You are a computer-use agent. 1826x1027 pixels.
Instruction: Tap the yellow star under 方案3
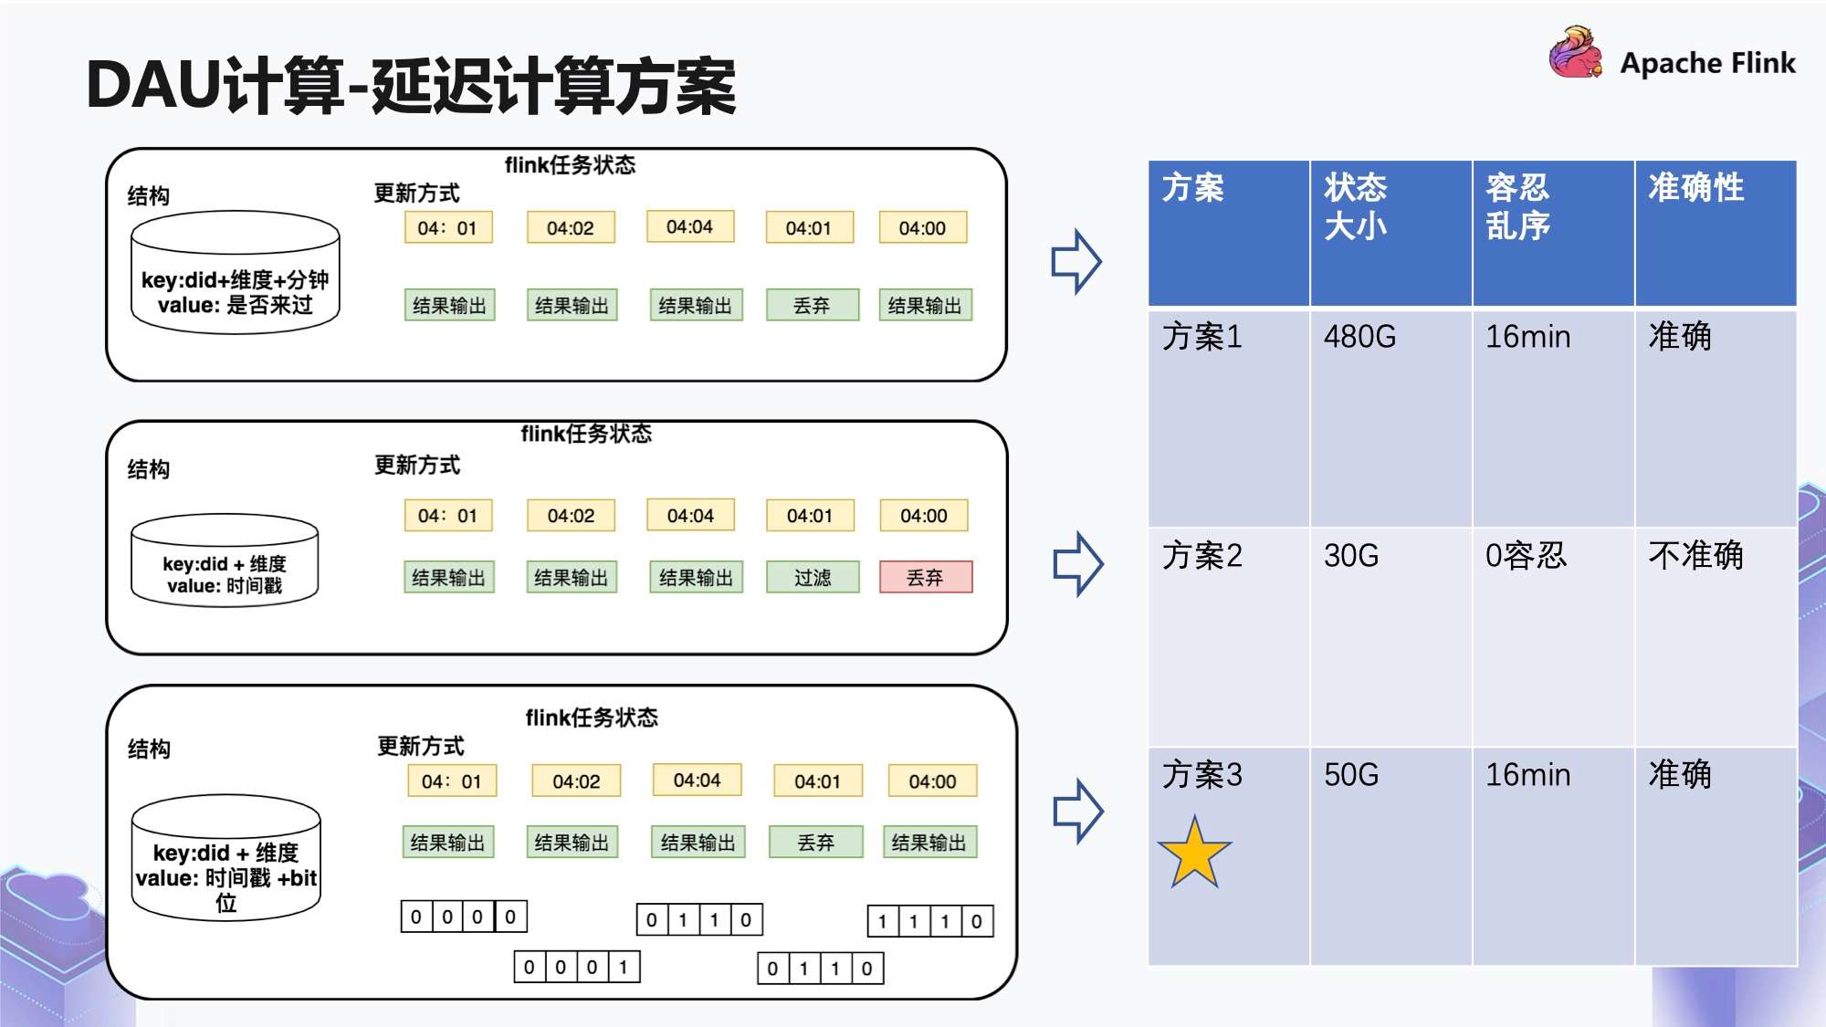coord(1194,854)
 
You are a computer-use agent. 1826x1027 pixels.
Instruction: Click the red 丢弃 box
coord(926,577)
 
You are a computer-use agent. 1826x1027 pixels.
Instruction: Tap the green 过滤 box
coord(813,577)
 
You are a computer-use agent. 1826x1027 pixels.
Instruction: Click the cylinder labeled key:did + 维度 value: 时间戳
coord(225,561)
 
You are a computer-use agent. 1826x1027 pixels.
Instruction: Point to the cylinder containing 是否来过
coord(235,273)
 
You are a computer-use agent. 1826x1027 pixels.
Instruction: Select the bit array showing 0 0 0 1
coord(577,967)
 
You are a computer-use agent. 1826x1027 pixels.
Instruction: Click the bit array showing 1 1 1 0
coord(929,921)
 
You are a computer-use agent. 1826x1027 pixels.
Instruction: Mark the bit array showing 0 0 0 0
coord(464,917)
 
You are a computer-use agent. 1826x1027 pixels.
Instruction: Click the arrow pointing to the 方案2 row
coord(1077,563)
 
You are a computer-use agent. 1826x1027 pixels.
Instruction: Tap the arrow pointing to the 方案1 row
coord(1076,261)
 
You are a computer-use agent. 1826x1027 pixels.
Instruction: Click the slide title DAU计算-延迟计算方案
coord(411,86)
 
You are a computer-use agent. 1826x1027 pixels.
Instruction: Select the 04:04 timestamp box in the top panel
coord(689,226)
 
